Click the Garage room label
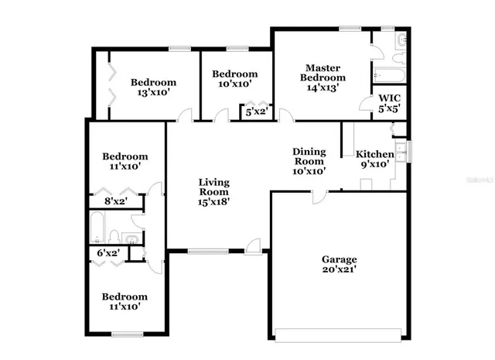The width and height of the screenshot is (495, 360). point(340,259)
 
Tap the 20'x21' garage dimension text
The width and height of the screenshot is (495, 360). point(340,270)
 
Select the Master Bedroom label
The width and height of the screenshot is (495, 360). point(323,73)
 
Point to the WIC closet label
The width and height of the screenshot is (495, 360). point(389,98)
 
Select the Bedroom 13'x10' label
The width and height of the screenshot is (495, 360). point(153,83)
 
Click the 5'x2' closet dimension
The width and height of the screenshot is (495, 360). point(255,111)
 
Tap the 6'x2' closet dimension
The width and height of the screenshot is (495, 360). point(107,253)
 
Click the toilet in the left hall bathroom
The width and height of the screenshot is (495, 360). point(114,235)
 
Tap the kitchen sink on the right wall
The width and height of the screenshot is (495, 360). point(401,150)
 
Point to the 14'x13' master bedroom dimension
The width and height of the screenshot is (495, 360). point(323,87)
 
